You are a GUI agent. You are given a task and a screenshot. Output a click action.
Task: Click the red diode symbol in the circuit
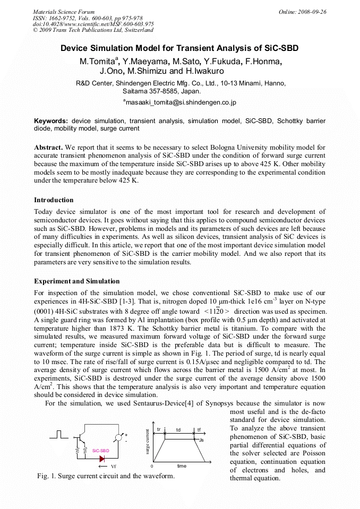click(x=102, y=458)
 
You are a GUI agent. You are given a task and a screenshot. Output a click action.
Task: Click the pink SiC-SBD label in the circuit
click(x=100, y=450)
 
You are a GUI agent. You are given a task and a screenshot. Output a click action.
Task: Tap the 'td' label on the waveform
click(x=178, y=430)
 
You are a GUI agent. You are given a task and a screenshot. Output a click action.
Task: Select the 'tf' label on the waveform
click(x=199, y=430)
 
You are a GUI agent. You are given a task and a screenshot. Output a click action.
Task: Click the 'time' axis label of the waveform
click(x=182, y=465)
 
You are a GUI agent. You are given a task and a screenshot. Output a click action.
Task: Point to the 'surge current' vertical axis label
click(x=147, y=444)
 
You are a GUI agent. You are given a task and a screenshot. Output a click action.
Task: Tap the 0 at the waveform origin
click(x=152, y=466)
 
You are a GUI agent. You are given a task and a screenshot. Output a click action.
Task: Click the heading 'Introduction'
click(x=54, y=200)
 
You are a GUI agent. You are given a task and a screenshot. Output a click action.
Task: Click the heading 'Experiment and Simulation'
click(x=77, y=281)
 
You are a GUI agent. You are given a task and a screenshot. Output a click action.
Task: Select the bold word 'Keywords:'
click(x=51, y=121)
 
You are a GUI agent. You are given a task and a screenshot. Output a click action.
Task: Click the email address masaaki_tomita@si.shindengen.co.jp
click(x=180, y=102)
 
